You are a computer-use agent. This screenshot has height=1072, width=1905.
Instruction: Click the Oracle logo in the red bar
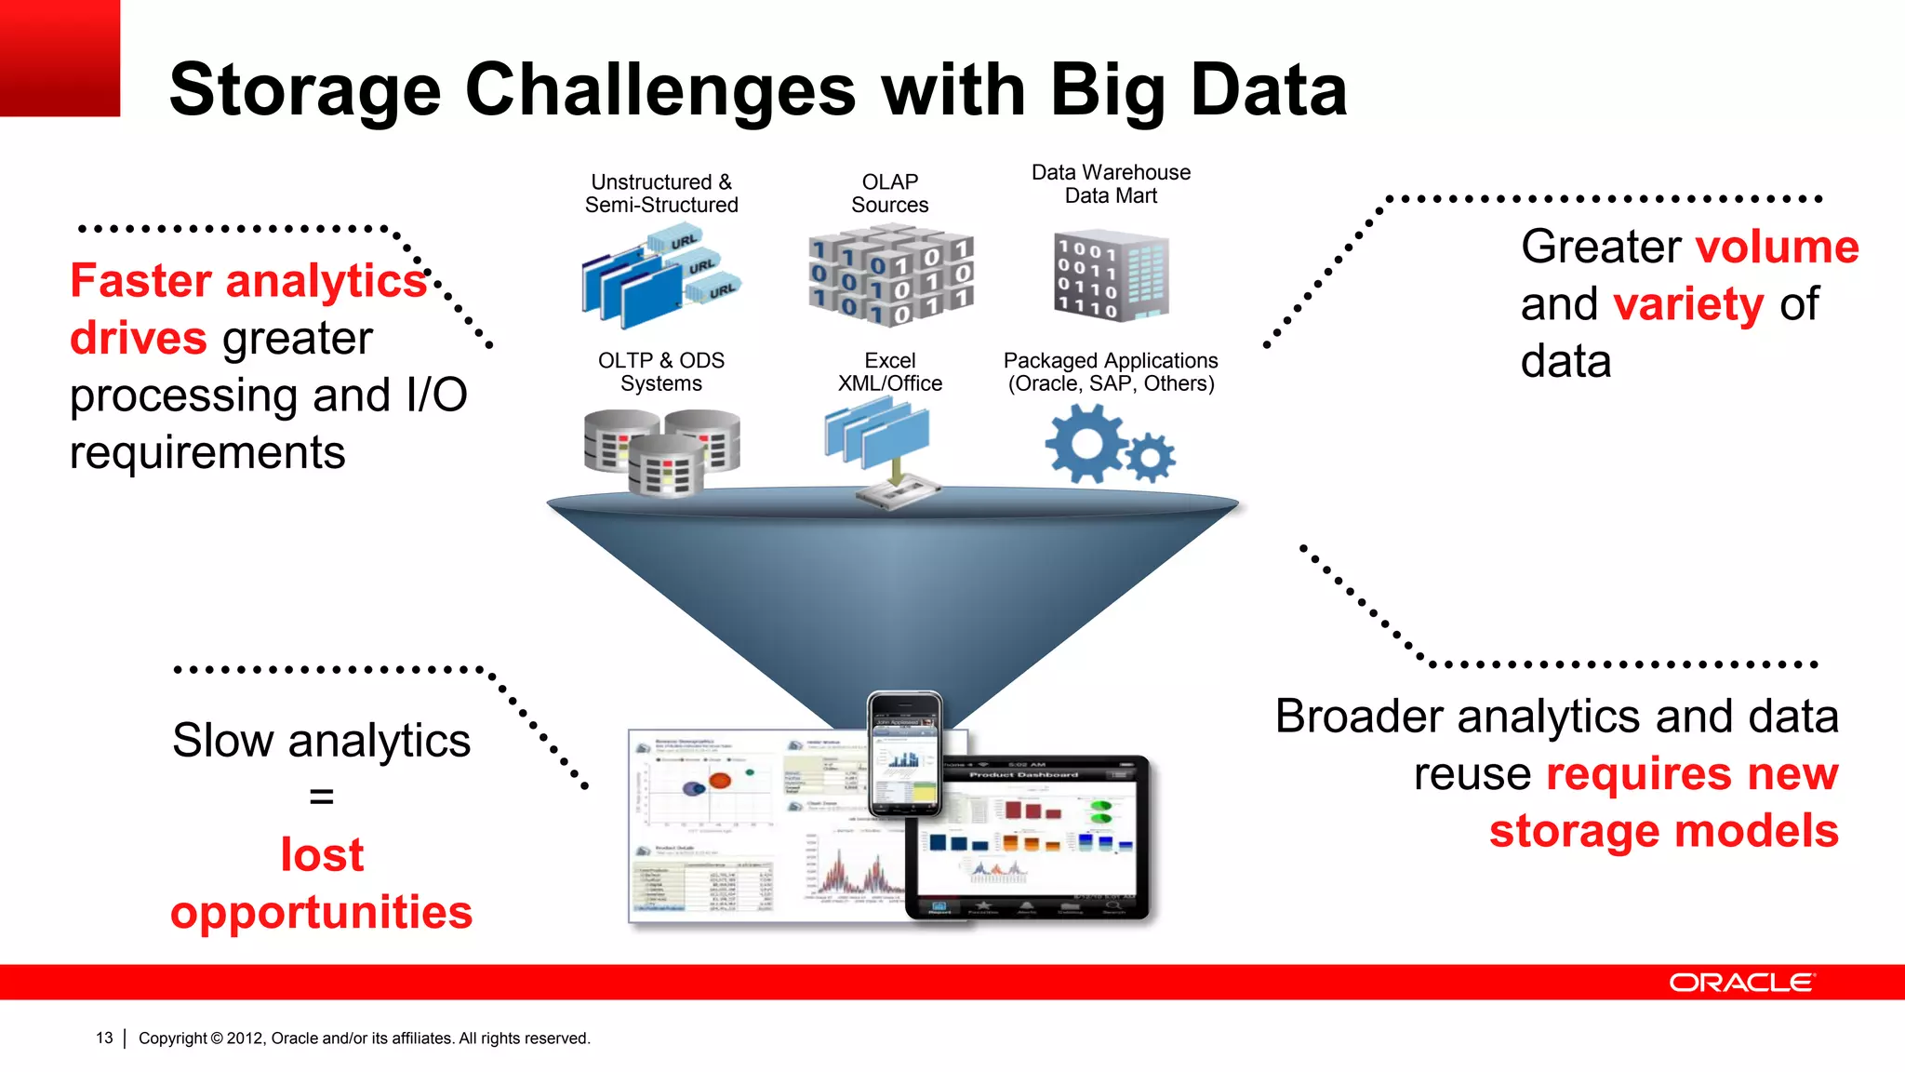coord(1741,983)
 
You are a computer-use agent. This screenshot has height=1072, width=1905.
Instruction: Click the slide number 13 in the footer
coord(104,1038)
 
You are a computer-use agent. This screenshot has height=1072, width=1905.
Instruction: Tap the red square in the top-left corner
coord(60,58)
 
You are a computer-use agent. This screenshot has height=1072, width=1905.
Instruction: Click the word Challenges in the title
coord(659,91)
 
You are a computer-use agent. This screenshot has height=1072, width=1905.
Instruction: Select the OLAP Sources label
coord(889,194)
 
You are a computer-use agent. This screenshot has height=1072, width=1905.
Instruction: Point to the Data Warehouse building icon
coord(1111,276)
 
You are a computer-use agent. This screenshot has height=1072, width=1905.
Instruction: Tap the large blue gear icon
coord(1085,444)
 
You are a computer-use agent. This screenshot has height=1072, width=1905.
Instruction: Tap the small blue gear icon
coord(1151,457)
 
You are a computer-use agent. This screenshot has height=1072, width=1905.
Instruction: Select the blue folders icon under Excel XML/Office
coord(877,434)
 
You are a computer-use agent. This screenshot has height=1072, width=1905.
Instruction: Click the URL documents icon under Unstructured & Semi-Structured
coord(659,279)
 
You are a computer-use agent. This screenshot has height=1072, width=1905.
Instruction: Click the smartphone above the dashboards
coord(904,754)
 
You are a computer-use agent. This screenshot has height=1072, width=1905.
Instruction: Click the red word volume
coord(1777,248)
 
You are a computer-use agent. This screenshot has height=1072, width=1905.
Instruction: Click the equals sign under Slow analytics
coord(321,797)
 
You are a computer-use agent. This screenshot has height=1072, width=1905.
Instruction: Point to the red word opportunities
coord(321,912)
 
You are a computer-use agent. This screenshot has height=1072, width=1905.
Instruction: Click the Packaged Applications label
coord(1111,372)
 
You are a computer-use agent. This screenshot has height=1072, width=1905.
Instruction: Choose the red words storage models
coord(1663,831)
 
